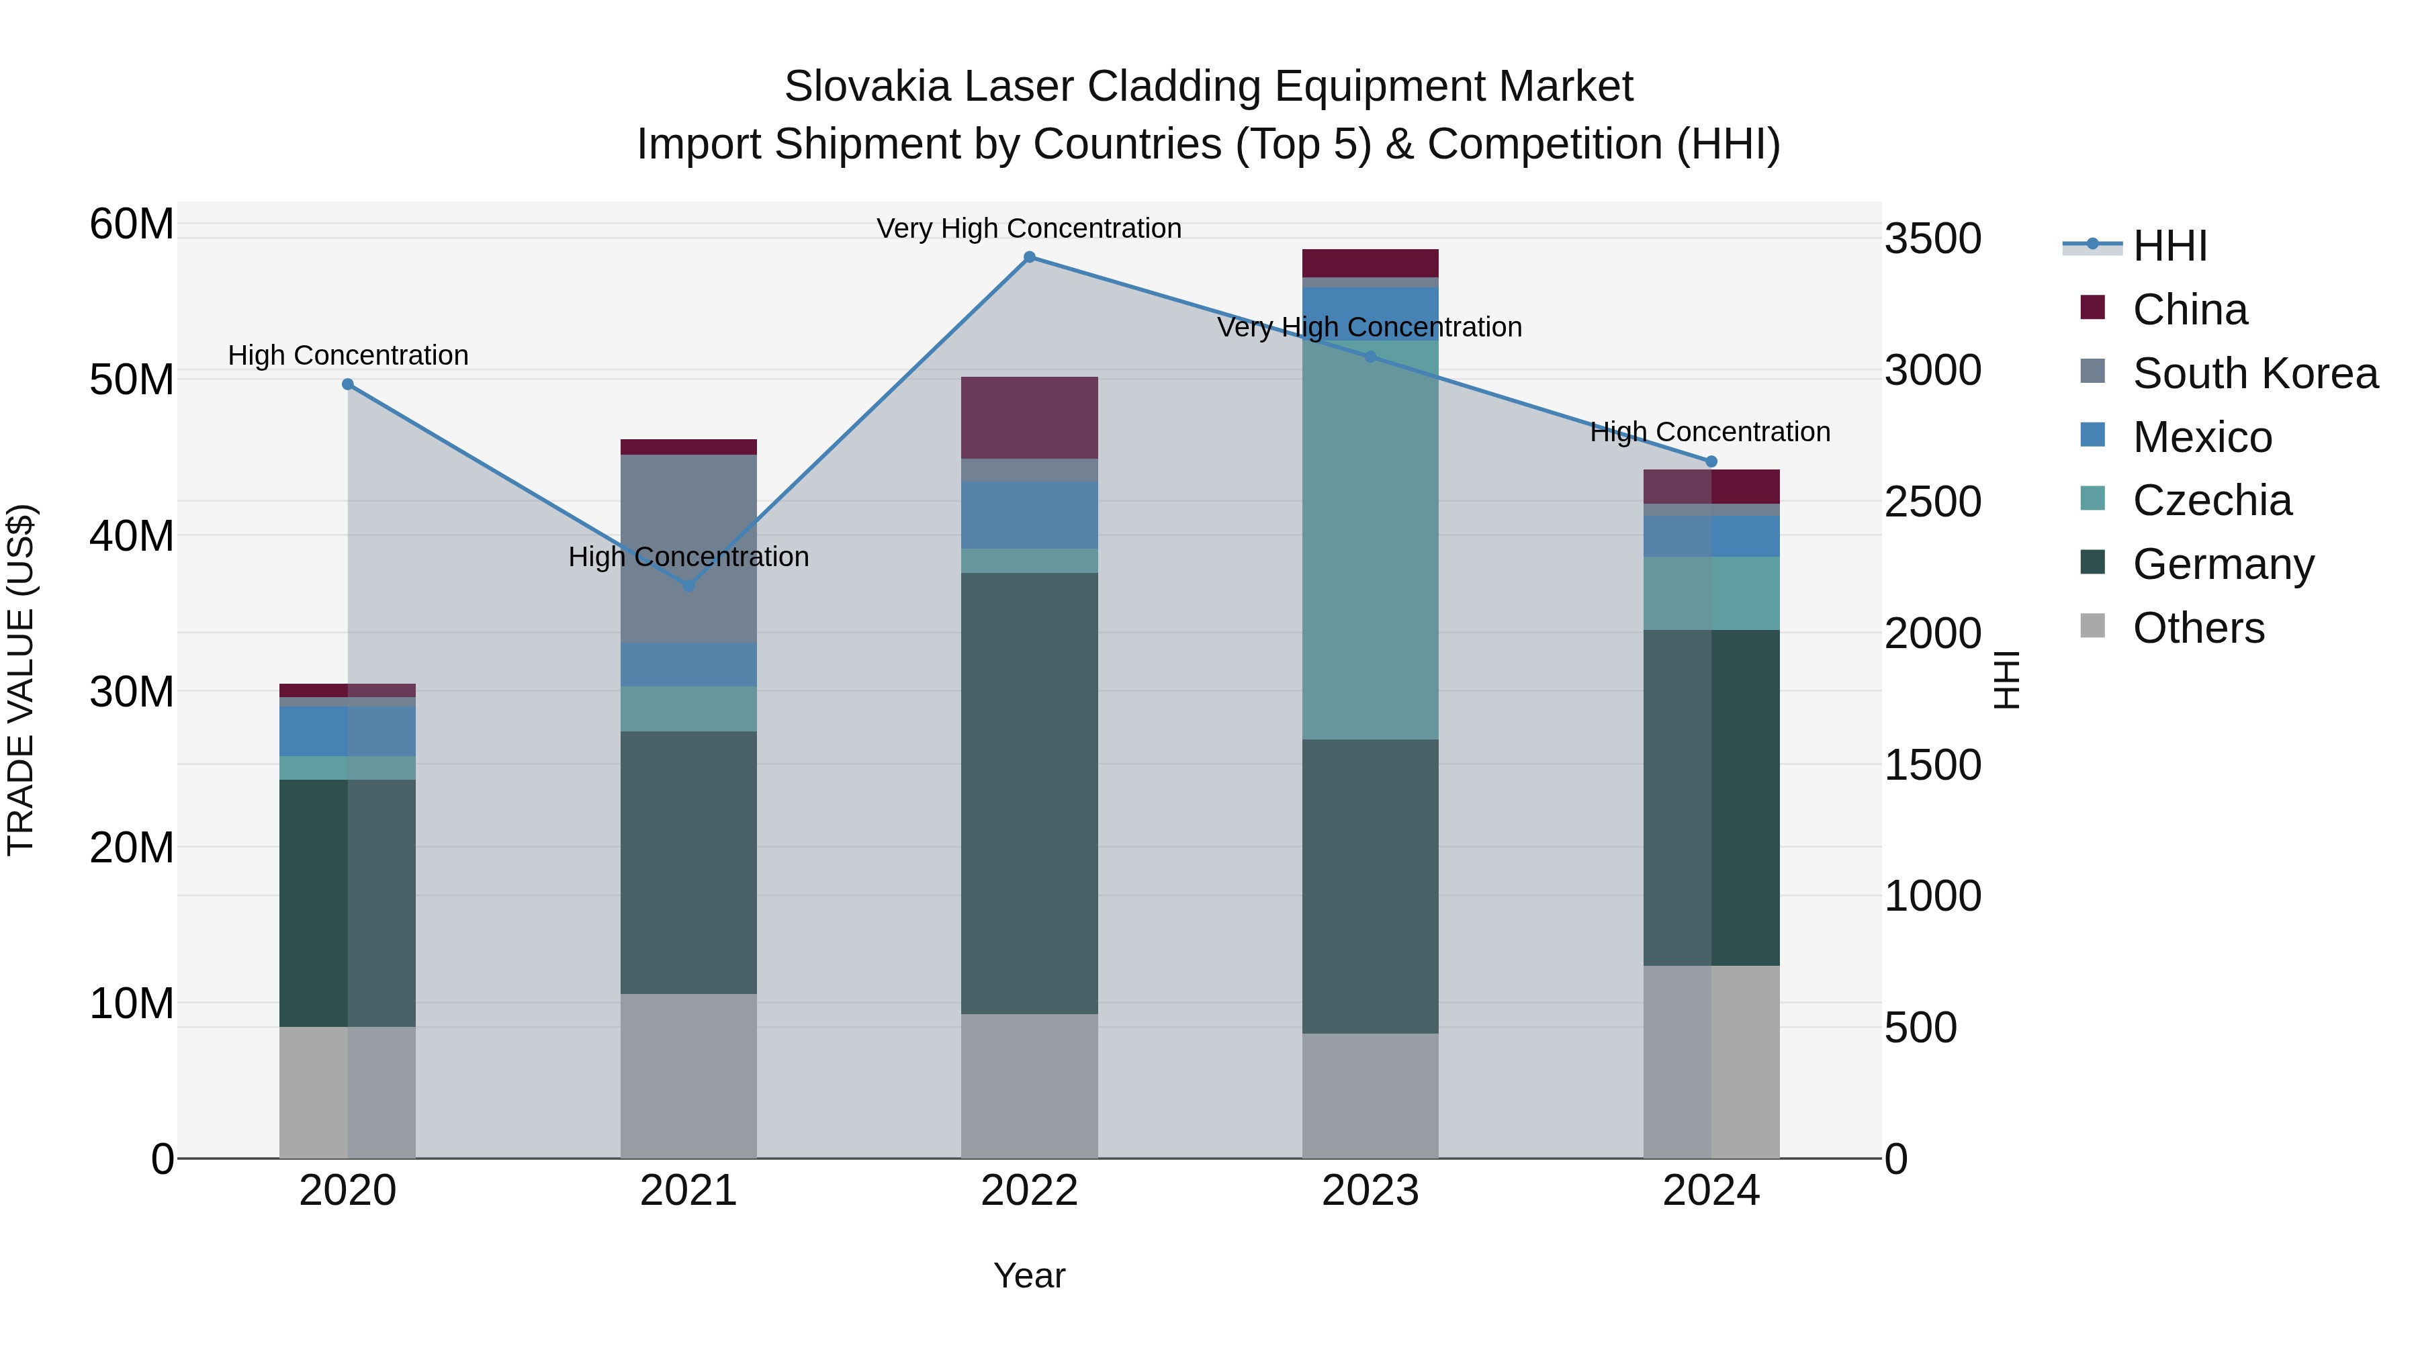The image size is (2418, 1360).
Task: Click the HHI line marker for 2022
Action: coord(1029,257)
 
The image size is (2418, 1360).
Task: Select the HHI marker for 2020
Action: coord(347,384)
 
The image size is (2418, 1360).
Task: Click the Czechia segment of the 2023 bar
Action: coord(1370,540)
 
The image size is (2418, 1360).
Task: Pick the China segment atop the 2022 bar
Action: coord(1029,418)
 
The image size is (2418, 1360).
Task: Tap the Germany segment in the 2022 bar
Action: coord(1029,793)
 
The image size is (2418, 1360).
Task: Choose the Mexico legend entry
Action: coord(2201,437)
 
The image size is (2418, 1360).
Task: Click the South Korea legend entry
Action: coord(2253,373)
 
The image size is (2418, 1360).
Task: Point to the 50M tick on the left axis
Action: coord(132,380)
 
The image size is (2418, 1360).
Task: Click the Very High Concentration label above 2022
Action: coord(1029,228)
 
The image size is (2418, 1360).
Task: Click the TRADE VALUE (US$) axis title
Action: coord(21,680)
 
